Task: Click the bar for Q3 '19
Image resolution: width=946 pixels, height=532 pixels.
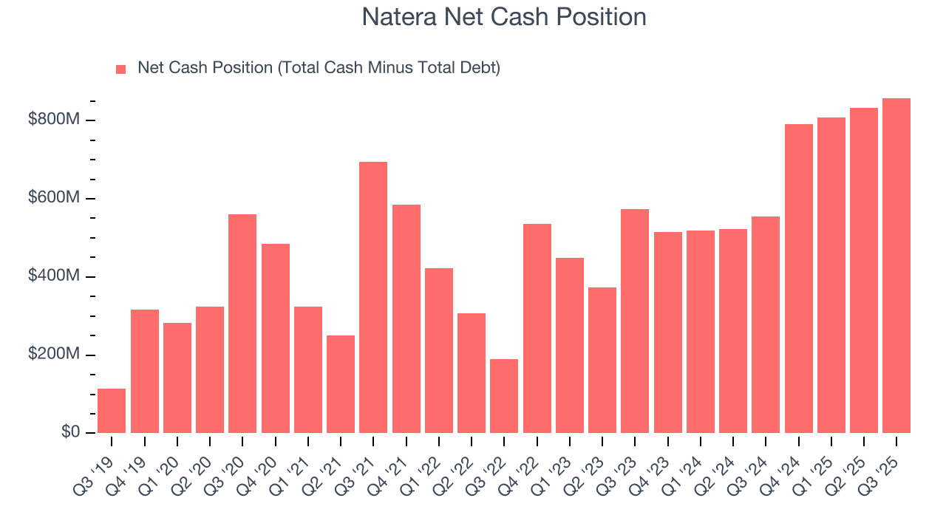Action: (x=112, y=411)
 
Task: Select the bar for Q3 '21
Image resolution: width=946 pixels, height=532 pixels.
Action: (x=373, y=297)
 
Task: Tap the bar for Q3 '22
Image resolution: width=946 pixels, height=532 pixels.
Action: (x=504, y=396)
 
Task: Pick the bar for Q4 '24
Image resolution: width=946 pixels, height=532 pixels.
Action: (x=798, y=279)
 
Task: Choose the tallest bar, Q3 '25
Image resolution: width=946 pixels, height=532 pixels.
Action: (x=896, y=266)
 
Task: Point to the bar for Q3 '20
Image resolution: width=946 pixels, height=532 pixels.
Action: (x=242, y=324)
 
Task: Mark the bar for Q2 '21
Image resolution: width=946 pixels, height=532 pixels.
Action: (x=341, y=384)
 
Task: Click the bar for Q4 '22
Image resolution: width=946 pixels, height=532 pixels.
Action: (x=537, y=328)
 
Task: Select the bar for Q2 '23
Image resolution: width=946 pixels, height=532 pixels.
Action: (x=602, y=360)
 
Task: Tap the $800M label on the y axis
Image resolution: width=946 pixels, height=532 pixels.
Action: (x=53, y=120)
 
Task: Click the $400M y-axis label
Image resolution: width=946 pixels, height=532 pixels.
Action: (x=53, y=276)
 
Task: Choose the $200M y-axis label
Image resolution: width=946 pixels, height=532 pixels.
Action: (x=53, y=355)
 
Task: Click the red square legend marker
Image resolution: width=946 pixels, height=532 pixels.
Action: (x=121, y=69)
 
